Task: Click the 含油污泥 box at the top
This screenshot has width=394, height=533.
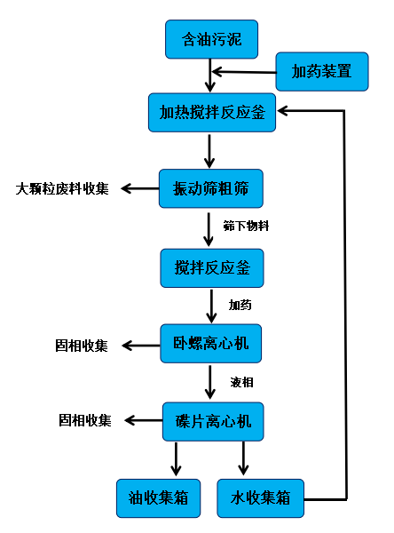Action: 211,40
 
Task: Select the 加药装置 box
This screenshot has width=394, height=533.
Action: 321,72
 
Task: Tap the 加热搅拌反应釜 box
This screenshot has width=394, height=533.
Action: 212,112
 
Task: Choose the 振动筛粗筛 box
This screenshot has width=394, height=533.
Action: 211,187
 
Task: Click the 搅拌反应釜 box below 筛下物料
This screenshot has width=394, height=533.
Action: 212,267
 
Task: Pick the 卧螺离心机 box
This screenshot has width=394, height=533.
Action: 211,343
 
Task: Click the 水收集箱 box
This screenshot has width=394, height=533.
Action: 260,497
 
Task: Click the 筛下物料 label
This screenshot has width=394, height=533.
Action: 246,226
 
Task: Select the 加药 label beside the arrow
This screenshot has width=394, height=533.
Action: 240,305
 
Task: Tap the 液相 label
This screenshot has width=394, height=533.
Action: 242,382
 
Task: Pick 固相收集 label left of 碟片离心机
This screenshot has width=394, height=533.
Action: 85,420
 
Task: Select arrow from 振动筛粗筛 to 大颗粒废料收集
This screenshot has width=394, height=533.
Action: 138,187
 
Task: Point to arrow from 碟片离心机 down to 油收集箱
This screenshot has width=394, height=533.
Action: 176,457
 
